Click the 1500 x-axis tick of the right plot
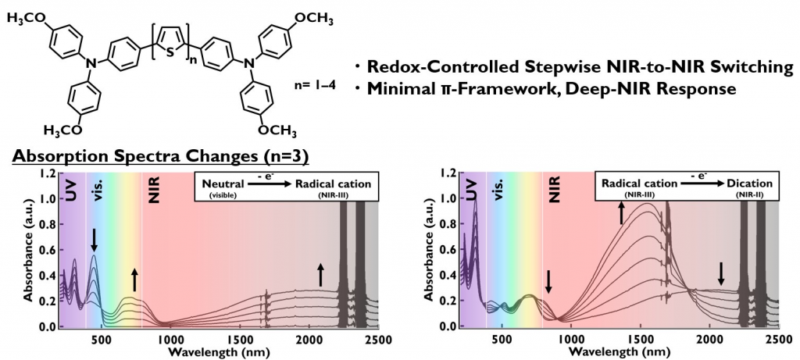(x=641, y=340)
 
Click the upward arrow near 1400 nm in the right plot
(x=622, y=212)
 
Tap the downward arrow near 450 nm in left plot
(x=94, y=239)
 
